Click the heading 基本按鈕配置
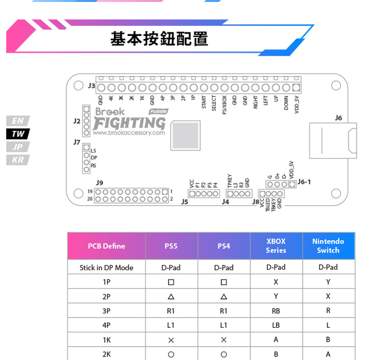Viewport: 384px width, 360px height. (x=159, y=38)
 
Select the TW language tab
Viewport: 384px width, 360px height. (x=18, y=134)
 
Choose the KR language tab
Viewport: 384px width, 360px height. (x=18, y=160)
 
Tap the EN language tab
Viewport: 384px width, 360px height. (x=18, y=121)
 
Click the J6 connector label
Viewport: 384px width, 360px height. (x=338, y=118)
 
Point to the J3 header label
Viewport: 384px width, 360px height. (x=92, y=86)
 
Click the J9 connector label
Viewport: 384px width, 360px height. (x=100, y=182)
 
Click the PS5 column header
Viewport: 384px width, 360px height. (x=171, y=246)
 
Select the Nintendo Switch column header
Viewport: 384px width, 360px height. (x=328, y=246)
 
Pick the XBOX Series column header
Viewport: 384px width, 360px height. (x=276, y=246)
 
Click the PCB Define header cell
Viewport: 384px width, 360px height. (x=106, y=246)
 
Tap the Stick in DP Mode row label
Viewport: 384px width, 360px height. (x=106, y=267)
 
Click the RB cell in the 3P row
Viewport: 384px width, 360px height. (x=276, y=311)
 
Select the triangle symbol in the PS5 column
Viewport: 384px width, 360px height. (x=171, y=297)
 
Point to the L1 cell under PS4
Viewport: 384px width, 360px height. (x=224, y=325)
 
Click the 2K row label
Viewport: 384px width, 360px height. (x=106, y=354)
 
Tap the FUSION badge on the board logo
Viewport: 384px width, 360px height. (x=158, y=111)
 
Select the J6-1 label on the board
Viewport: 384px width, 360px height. (x=304, y=181)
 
